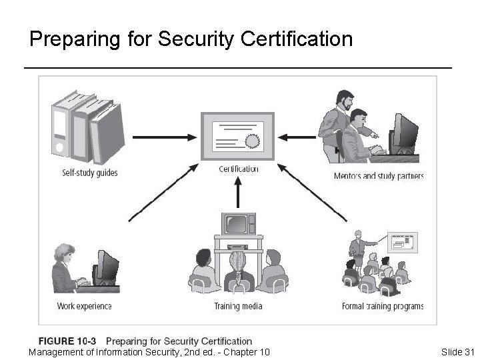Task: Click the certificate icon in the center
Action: [238, 136]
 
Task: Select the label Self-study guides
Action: [90, 173]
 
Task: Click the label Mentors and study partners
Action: [379, 176]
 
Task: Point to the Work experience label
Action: [84, 306]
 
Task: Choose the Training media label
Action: [238, 306]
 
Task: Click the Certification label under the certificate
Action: [238, 169]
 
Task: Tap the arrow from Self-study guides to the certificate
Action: [165, 137]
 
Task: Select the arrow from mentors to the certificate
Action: [297, 137]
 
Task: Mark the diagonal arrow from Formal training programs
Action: [313, 193]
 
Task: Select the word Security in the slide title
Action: [196, 39]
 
